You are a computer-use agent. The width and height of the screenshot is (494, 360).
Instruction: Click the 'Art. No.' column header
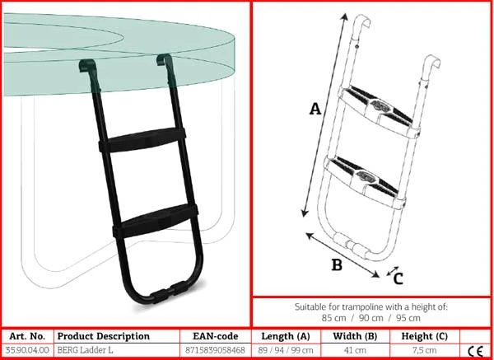27,336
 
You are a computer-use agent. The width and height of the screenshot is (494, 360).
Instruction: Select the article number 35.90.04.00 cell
27,350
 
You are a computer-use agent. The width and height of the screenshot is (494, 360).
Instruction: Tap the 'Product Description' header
104,336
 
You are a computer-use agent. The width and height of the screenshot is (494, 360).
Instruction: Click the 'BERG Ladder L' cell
85,350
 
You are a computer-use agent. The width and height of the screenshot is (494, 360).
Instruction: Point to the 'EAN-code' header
216,336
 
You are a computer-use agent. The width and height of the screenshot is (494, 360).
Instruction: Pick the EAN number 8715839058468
216,350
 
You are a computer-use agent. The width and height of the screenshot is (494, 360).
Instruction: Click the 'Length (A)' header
286,336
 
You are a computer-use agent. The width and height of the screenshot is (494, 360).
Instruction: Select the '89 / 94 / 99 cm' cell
286,350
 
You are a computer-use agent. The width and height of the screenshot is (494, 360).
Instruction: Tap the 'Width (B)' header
355,336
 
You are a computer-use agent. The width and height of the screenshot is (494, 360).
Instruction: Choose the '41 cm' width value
355,350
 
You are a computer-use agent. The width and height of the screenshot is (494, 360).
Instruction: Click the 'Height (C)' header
424,336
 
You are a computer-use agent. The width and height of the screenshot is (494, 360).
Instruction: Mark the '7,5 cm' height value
424,350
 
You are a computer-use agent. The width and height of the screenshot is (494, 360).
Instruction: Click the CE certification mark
476,351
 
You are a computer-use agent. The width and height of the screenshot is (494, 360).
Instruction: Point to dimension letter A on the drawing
315,109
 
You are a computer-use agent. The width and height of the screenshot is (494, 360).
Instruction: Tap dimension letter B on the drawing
337,264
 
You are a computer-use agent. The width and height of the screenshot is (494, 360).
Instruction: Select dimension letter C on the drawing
398,278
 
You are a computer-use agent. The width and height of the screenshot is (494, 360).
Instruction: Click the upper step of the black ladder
142,140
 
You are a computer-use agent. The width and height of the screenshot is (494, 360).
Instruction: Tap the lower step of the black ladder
156,221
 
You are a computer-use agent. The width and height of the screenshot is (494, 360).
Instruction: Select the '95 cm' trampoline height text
408,318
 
